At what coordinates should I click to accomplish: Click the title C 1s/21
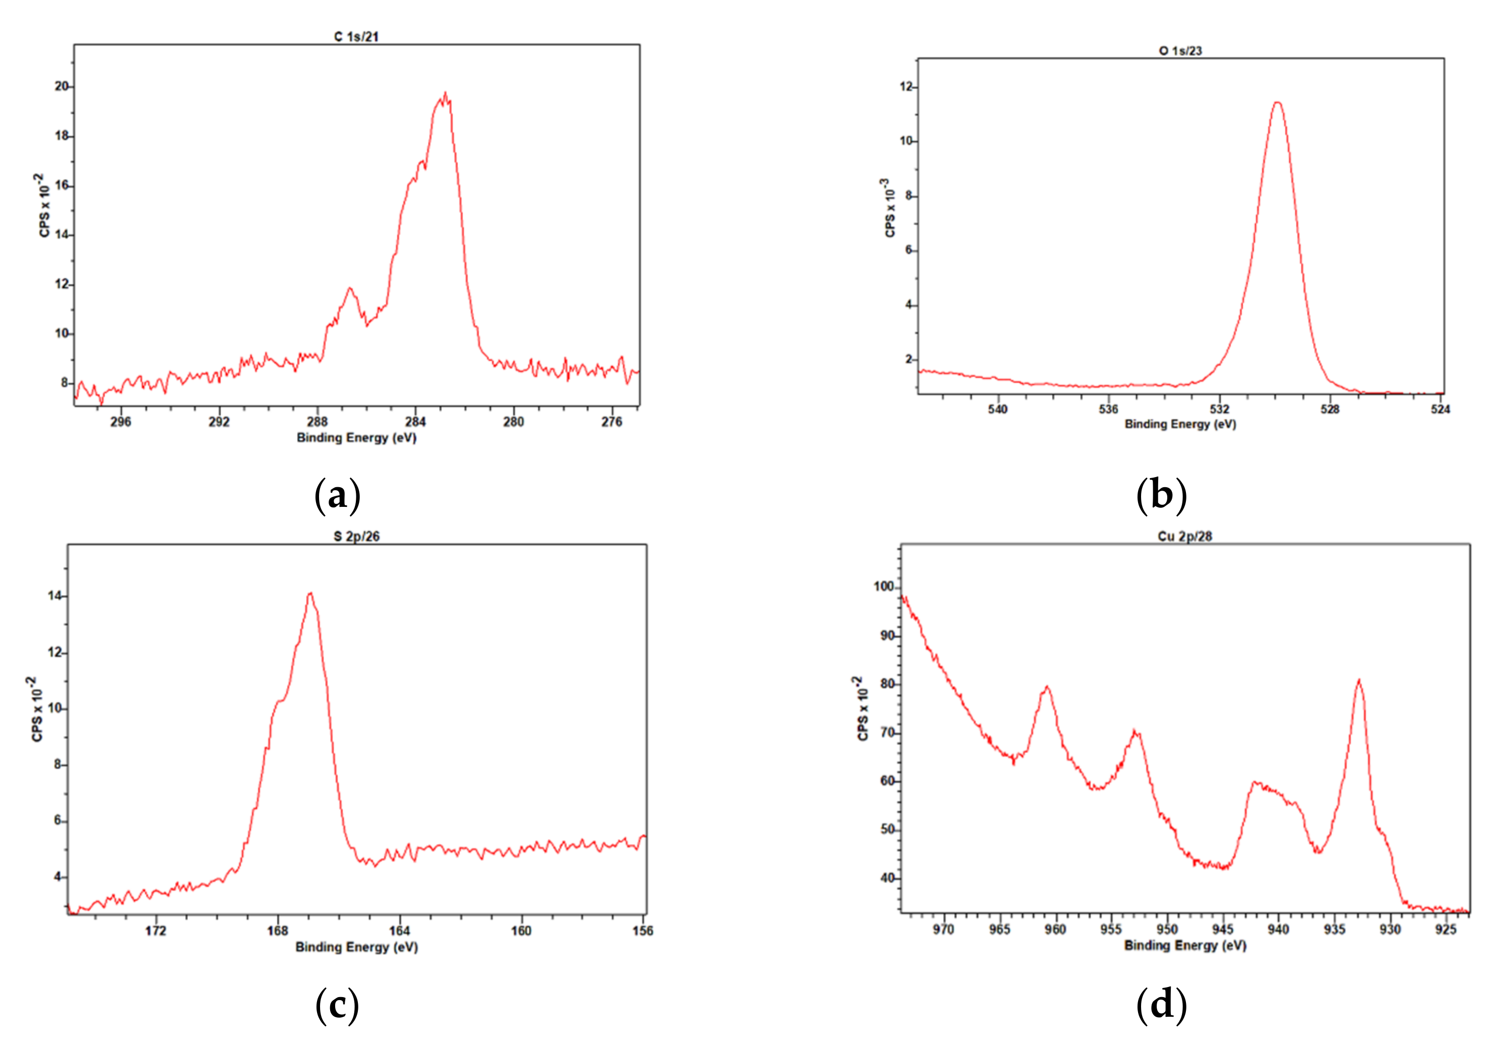[x=356, y=37]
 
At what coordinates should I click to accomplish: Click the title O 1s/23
[x=1180, y=50]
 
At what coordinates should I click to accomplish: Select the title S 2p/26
[x=356, y=537]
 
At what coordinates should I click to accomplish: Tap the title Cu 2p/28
[x=1184, y=537]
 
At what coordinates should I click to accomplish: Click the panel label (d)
[x=1161, y=1005]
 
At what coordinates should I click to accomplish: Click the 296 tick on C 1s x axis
[x=120, y=422]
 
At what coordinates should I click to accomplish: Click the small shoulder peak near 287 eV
[x=350, y=288]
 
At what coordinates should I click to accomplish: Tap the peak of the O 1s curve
[x=1277, y=103]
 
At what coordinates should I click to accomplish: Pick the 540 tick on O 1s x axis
[x=998, y=409]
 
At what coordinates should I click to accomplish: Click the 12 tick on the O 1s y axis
[x=906, y=87]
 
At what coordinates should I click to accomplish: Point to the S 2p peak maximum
[x=310, y=593]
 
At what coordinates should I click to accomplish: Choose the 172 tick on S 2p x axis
[x=155, y=931]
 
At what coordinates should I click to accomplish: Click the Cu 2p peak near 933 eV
[x=1359, y=681]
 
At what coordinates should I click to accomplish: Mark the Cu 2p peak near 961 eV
[x=1046, y=687]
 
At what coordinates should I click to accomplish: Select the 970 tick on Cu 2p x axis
[x=943, y=929]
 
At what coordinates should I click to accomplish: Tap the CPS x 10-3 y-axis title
[x=889, y=207]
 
